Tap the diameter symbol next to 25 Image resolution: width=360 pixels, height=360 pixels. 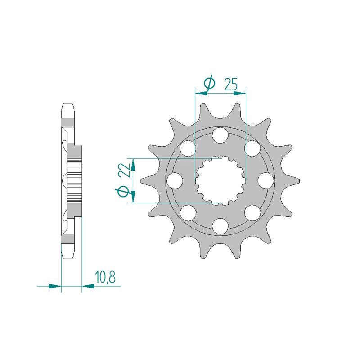[x=209, y=83]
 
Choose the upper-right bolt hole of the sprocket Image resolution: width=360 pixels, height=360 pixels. [x=253, y=148]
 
